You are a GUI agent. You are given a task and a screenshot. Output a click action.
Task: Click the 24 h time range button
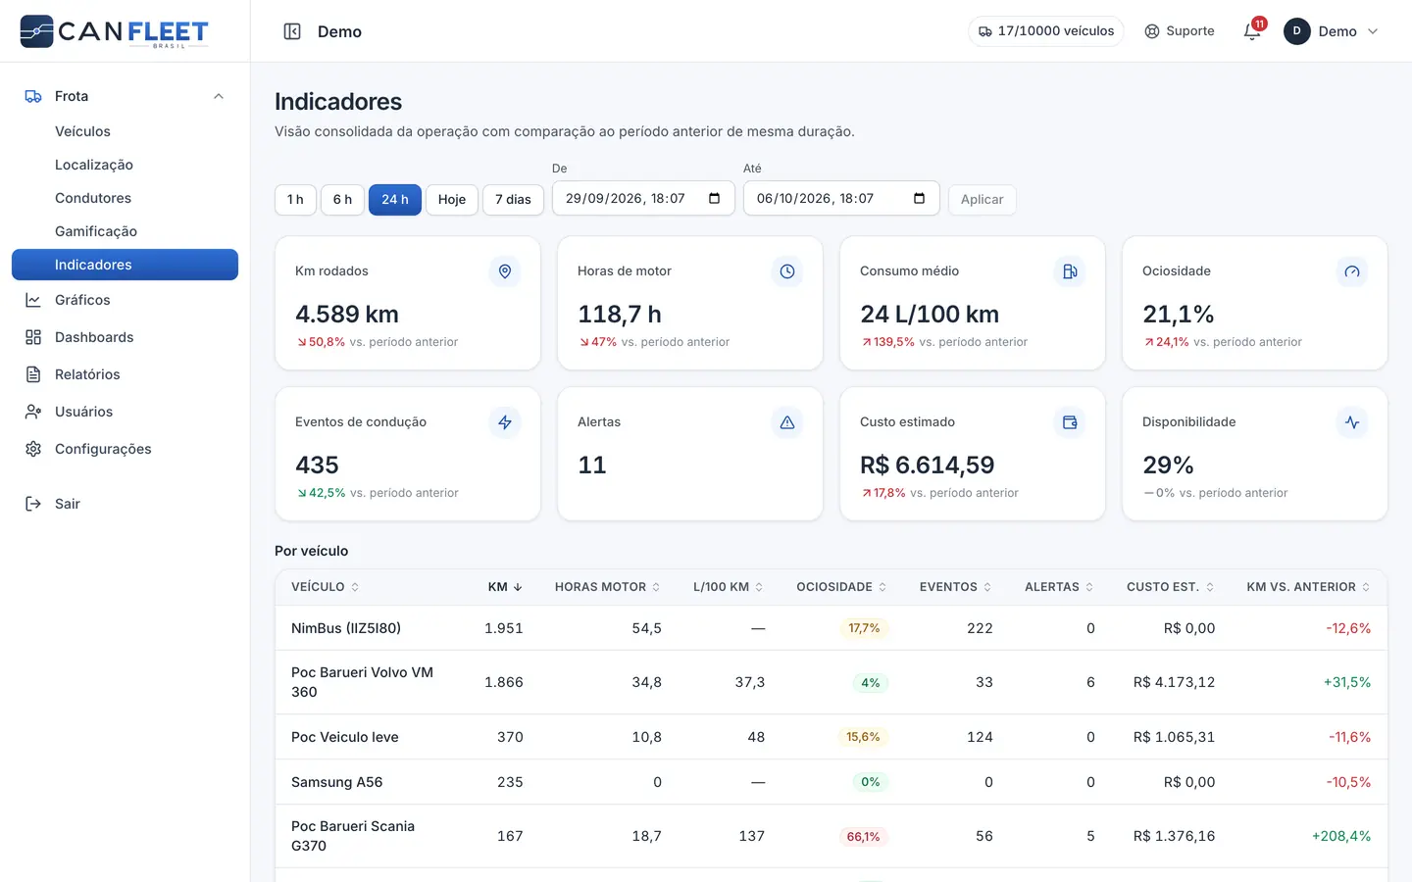pyautogui.click(x=394, y=199)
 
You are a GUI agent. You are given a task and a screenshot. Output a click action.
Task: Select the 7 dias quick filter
pyautogui.click(x=513, y=199)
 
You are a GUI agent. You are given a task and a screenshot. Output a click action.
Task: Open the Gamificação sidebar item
pyautogui.click(x=96, y=231)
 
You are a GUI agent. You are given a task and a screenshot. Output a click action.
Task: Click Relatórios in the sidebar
pyautogui.click(x=87, y=374)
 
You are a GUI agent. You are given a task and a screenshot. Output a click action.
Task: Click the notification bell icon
pyautogui.click(x=1252, y=31)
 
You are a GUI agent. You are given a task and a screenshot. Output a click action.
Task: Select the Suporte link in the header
pyautogui.click(x=1180, y=31)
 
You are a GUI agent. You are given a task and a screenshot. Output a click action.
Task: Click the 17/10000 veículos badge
pyautogui.click(x=1045, y=31)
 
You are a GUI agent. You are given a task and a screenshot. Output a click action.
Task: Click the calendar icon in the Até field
pyautogui.click(x=919, y=198)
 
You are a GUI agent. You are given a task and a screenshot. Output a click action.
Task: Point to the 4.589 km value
pyautogui.click(x=347, y=314)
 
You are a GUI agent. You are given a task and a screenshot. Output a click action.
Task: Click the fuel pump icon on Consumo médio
pyautogui.click(x=1070, y=271)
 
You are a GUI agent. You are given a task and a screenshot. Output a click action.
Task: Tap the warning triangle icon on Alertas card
pyautogui.click(x=787, y=422)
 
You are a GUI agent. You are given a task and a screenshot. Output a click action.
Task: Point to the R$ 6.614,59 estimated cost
pyautogui.click(x=928, y=465)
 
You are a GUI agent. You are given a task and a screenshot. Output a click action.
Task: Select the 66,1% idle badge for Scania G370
pyautogui.click(x=863, y=836)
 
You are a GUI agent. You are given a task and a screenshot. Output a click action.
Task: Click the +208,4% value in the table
pyautogui.click(x=1341, y=836)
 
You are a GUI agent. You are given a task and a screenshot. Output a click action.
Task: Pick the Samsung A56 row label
pyautogui.click(x=336, y=782)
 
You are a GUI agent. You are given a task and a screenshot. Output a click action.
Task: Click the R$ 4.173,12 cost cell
pyautogui.click(x=1174, y=682)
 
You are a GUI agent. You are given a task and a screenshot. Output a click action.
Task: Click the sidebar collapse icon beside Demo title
pyautogui.click(x=292, y=31)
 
